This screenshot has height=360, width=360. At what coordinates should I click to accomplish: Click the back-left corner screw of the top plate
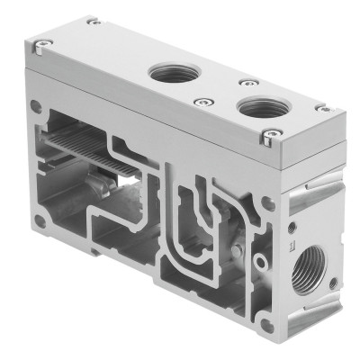91,22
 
